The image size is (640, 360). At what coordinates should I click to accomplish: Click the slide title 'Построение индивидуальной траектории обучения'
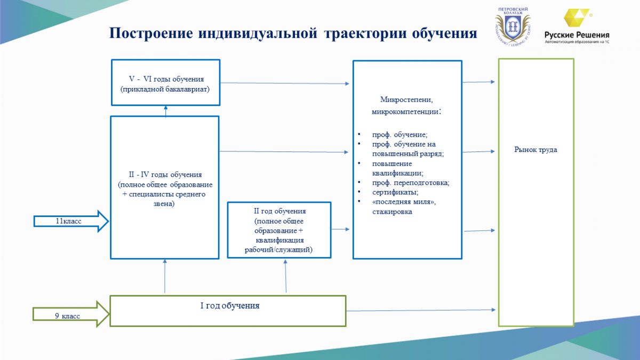click(293, 34)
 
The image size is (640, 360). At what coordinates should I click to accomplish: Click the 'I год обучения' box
click(228, 310)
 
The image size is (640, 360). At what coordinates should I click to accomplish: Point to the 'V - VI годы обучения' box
click(166, 83)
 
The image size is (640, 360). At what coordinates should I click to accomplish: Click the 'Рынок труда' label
click(535, 150)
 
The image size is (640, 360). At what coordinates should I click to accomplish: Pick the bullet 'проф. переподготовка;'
click(411, 183)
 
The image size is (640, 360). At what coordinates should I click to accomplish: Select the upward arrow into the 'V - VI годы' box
click(166, 111)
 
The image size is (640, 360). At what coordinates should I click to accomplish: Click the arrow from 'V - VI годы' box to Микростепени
click(286, 83)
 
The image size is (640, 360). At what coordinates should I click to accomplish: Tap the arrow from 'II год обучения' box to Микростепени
click(340, 229)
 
